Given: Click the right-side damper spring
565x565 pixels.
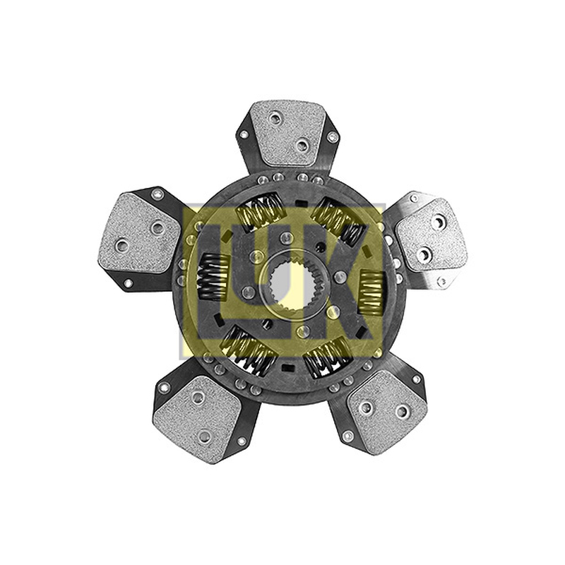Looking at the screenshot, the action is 372,291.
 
